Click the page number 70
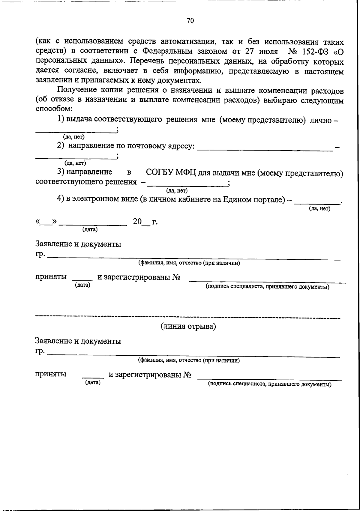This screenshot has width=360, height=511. pyautogui.click(x=190, y=21)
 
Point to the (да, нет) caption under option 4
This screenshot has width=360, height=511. pyautogui.click(x=319, y=209)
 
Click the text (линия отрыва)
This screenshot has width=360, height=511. pyautogui.click(x=188, y=326)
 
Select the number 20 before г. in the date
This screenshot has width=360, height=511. pyautogui.click(x=137, y=222)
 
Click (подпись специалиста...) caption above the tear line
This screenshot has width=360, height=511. pyautogui.click(x=267, y=287)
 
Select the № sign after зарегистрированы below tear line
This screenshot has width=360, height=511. pyautogui.click(x=187, y=375)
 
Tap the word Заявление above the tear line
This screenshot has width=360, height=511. pyautogui.click(x=53, y=244)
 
